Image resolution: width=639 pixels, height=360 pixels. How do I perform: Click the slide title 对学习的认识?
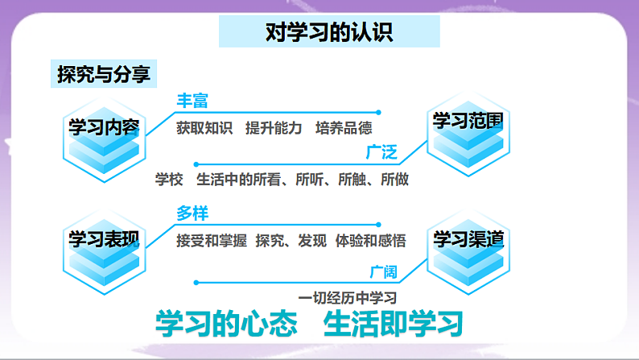click(329, 32)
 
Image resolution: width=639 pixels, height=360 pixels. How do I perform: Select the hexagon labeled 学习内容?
click(104, 129)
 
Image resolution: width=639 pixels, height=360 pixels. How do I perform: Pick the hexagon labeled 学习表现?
click(104, 239)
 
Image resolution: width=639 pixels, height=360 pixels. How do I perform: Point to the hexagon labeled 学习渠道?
click(468, 241)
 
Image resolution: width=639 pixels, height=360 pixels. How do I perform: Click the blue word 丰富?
click(192, 101)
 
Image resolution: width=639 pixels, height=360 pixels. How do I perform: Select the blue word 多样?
click(192, 213)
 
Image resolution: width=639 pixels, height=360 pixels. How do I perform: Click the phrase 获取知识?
click(204, 128)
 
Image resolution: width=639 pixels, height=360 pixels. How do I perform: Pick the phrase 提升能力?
click(274, 128)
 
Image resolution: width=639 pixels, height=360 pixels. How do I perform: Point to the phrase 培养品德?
click(344, 128)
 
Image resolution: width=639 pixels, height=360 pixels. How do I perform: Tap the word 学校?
click(170, 179)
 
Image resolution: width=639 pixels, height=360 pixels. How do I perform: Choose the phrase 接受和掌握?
click(210, 240)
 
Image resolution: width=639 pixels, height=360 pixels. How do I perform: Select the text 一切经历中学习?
click(348, 296)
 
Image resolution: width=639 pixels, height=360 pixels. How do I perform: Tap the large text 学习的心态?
click(226, 325)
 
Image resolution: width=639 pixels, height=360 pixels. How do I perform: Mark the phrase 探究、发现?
click(291, 240)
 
